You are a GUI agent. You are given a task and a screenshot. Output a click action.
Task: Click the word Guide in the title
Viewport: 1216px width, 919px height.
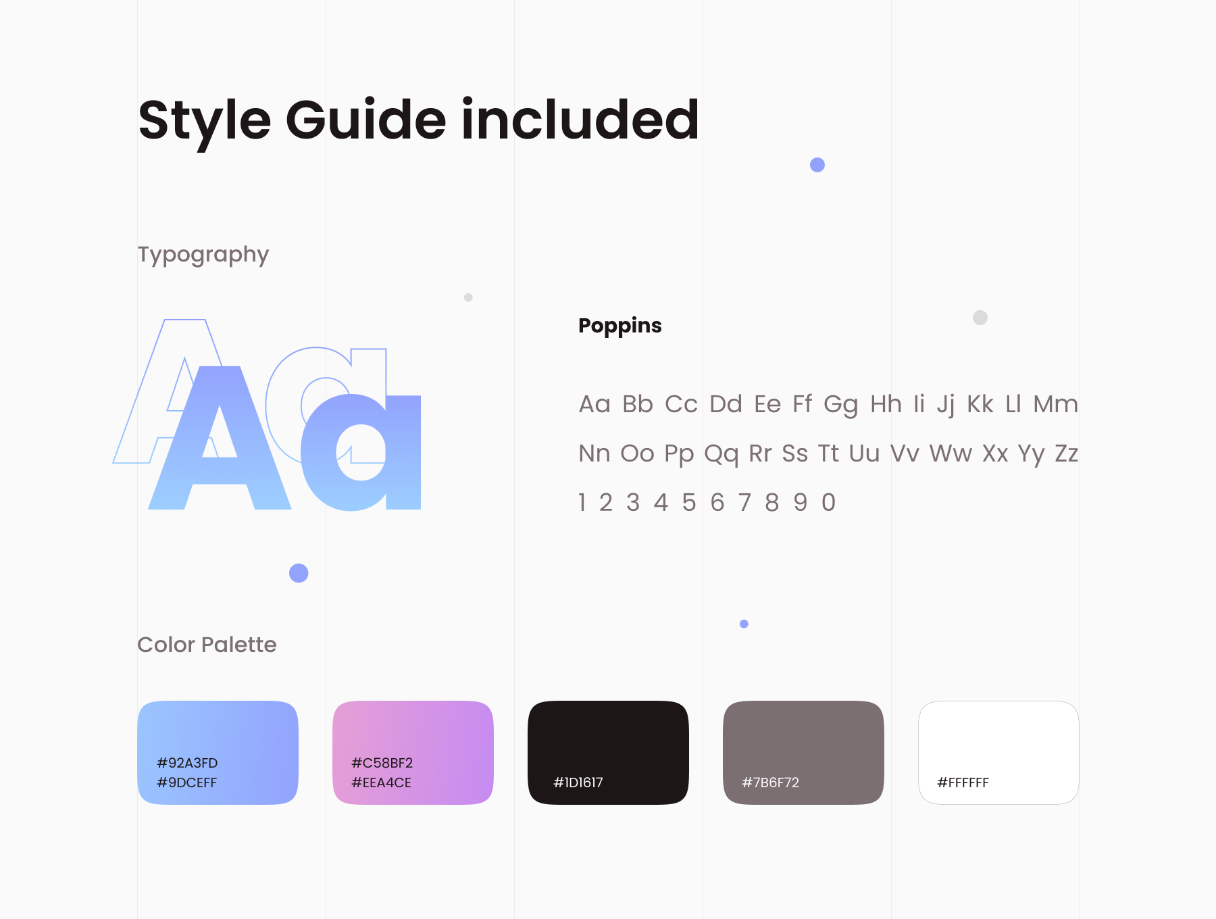(x=366, y=120)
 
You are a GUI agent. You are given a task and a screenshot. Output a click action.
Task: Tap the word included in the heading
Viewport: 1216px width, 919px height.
(x=580, y=120)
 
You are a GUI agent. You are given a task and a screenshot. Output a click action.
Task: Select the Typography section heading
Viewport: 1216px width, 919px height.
(x=203, y=255)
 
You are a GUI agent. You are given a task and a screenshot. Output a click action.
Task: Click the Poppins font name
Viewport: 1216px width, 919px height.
(x=620, y=326)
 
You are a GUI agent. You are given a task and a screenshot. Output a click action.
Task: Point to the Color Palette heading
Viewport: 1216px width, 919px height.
(x=207, y=645)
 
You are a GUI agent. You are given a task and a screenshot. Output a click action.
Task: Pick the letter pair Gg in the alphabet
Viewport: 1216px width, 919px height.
(x=840, y=405)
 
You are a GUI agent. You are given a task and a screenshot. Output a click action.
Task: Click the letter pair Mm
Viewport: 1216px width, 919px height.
(x=1056, y=404)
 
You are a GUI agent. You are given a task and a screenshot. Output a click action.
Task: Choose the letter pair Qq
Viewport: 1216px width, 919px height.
(x=721, y=454)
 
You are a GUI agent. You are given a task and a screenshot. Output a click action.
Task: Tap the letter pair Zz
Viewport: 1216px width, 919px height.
(x=1067, y=453)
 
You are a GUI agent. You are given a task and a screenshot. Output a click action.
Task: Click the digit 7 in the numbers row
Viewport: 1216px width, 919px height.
(x=744, y=503)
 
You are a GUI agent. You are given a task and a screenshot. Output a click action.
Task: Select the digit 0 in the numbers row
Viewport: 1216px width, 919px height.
(x=829, y=503)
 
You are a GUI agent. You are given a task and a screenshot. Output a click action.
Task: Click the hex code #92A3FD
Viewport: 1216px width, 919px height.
(x=187, y=763)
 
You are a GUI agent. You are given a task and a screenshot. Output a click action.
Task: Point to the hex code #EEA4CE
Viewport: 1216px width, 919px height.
(x=382, y=783)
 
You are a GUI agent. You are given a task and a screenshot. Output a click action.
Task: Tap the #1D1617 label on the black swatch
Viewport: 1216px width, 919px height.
(x=578, y=783)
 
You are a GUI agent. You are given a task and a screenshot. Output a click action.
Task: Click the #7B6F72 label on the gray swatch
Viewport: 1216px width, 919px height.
(x=771, y=783)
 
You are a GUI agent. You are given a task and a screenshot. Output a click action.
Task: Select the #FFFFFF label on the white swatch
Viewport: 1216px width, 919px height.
(x=963, y=783)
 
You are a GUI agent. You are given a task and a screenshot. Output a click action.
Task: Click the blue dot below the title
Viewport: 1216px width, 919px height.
(x=817, y=165)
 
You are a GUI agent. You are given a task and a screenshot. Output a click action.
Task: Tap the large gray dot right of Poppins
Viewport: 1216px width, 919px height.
(x=980, y=318)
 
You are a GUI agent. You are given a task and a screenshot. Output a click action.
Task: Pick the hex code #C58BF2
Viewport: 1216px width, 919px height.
(x=382, y=763)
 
